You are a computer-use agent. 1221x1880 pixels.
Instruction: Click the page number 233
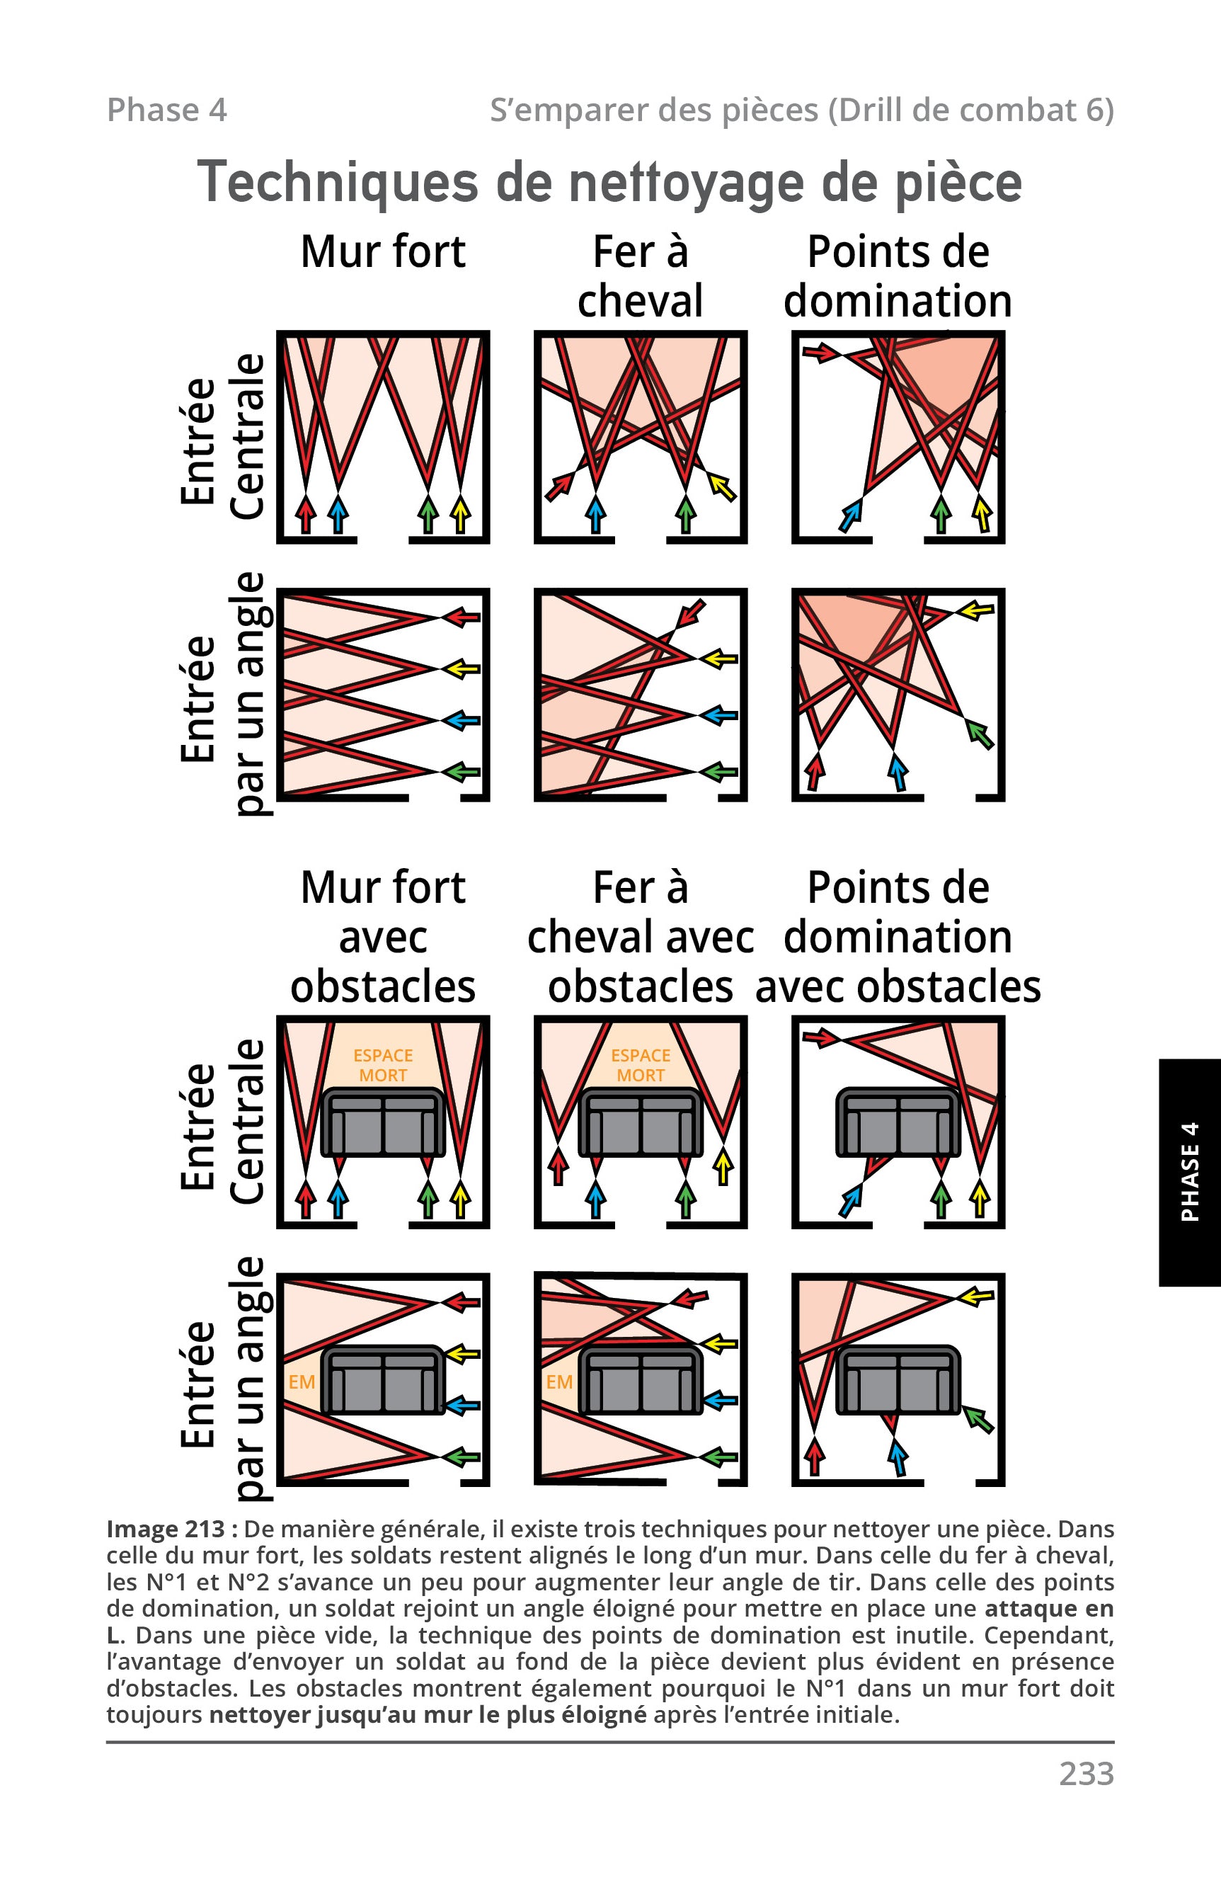1086,1773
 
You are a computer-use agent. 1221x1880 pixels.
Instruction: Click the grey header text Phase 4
166,110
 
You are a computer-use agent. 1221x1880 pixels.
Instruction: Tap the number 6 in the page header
1096,110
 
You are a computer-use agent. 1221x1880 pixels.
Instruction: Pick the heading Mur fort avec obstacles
383,937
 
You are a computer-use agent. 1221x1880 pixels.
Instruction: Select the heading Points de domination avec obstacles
898,937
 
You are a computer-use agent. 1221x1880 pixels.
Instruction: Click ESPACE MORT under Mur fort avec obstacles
383,1065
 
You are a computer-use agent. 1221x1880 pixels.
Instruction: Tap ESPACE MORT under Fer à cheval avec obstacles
641,1065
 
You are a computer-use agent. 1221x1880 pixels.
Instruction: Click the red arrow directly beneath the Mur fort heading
305,513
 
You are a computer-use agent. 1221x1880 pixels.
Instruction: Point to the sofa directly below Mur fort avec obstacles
383,1122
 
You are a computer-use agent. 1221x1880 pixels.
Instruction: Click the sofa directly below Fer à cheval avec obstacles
641,1122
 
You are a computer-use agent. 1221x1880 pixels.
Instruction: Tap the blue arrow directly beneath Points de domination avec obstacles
850,1202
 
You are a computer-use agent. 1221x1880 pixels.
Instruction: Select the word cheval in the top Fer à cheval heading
641,301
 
